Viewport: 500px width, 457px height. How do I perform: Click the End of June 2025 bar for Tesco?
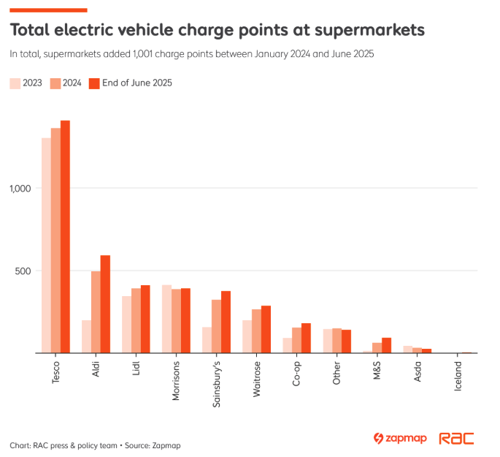tap(65, 237)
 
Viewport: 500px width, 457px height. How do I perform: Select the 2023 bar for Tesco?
tap(46, 246)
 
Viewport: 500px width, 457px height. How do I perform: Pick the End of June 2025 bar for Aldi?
tap(105, 304)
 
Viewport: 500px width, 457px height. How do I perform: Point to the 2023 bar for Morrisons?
tap(166, 319)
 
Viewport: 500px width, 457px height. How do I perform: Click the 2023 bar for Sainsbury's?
tap(207, 340)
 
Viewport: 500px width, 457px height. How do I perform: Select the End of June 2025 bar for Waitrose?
tap(266, 329)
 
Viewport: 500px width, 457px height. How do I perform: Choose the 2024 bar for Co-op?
tap(296, 340)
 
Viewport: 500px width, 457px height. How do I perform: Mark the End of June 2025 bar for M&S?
tap(386, 345)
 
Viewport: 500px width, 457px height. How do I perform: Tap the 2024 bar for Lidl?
tap(136, 320)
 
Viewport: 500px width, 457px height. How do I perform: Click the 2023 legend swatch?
tap(15, 83)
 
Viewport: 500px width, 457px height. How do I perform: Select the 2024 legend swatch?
tap(55, 83)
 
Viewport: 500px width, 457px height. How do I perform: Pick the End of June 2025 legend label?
tap(136, 83)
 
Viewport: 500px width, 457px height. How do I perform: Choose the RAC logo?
tap(456, 439)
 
